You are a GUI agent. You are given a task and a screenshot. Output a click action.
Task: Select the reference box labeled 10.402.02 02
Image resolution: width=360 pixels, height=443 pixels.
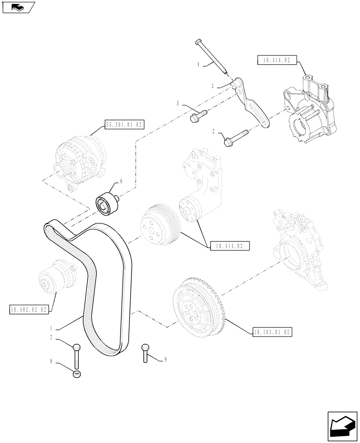pos(28,309)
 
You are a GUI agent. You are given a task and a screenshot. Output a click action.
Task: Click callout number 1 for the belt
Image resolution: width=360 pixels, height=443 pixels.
pos(52,328)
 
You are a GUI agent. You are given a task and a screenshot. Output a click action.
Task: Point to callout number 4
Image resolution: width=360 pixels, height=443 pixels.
pos(199,64)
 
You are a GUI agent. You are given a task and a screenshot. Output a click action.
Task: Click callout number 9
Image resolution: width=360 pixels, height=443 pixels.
pos(165,360)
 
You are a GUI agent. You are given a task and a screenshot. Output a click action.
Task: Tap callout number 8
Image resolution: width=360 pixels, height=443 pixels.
pos(52,361)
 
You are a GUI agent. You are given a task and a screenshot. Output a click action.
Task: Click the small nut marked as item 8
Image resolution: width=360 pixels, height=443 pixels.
pos(78,375)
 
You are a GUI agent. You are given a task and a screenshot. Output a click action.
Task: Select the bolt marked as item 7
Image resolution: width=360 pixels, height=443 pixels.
pos(77,355)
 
